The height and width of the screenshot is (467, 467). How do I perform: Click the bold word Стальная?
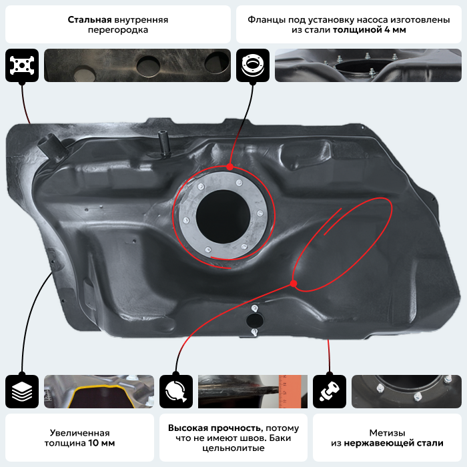pyautogui.click(x=89, y=19)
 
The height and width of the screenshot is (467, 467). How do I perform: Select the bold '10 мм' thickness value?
pyautogui.click(x=101, y=443)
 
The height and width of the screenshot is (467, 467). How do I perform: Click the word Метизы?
pyautogui.click(x=387, y=433)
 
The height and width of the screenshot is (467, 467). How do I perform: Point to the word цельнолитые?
pyautogui.click(x=233, y=448)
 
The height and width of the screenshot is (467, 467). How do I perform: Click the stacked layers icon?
pyautogui.click(x=22, y=392)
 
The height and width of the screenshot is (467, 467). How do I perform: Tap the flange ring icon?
pyautogui.click(x=253, y=65)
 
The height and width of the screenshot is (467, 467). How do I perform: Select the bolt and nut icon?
pyautogui.click(x=330, y=392)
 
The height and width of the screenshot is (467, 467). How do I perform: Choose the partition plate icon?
pyautogui.click(x=22, y=65)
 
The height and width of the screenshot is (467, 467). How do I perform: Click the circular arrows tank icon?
pyautogui.click(x=176, y=392)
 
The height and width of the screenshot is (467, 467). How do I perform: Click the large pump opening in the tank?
pyautogui.click(x=222, y=216)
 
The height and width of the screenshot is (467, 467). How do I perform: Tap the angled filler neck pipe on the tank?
pyautogui.click(x=53, y=146)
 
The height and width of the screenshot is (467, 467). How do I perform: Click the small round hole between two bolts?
pyautogui.click(x=255, y=320)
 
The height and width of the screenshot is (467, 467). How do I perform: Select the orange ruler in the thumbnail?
pyautogui.click(x=290, y=392)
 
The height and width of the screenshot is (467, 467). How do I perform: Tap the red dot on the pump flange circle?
pyautogui.click(x=229, y=167)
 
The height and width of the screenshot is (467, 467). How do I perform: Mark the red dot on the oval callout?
pyautogui.click(x=294, y=284)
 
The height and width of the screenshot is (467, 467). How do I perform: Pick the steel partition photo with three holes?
pyautogui.click(x=137, y=65)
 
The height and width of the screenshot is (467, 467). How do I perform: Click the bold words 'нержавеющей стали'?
pyautogui.click(x=394, y=443)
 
